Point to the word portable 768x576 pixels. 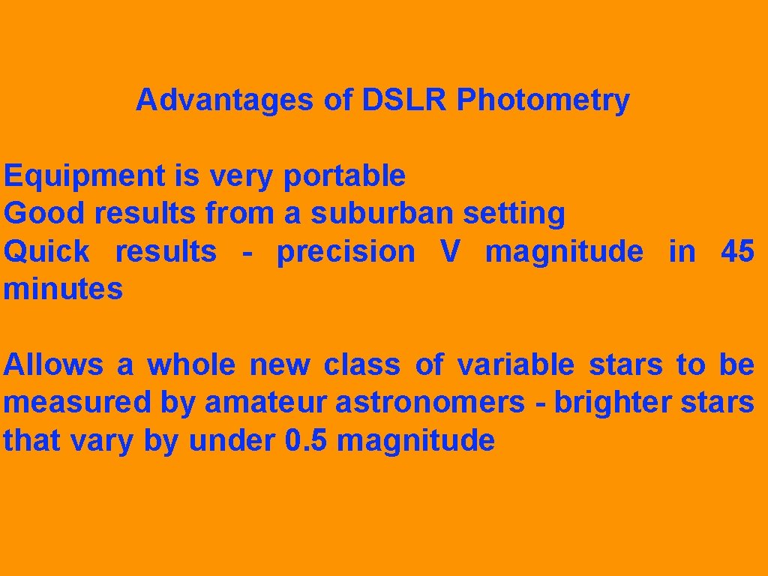(x=344, y=177)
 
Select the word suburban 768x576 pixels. (x=382, y=214)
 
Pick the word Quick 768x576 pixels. (x=46, y=252)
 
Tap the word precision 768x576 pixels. (x=346, y=253)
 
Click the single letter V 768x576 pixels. (x=450, y=252)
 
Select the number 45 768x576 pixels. (x=737, y=252)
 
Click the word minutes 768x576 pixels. (x=63, y=289)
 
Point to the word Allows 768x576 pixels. (x=53, y=365)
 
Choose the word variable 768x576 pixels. (x=516, y=365)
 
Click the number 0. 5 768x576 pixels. (x=307, y=441)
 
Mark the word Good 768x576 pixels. (x=44, y=214)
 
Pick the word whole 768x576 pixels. (x=190, y=365)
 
